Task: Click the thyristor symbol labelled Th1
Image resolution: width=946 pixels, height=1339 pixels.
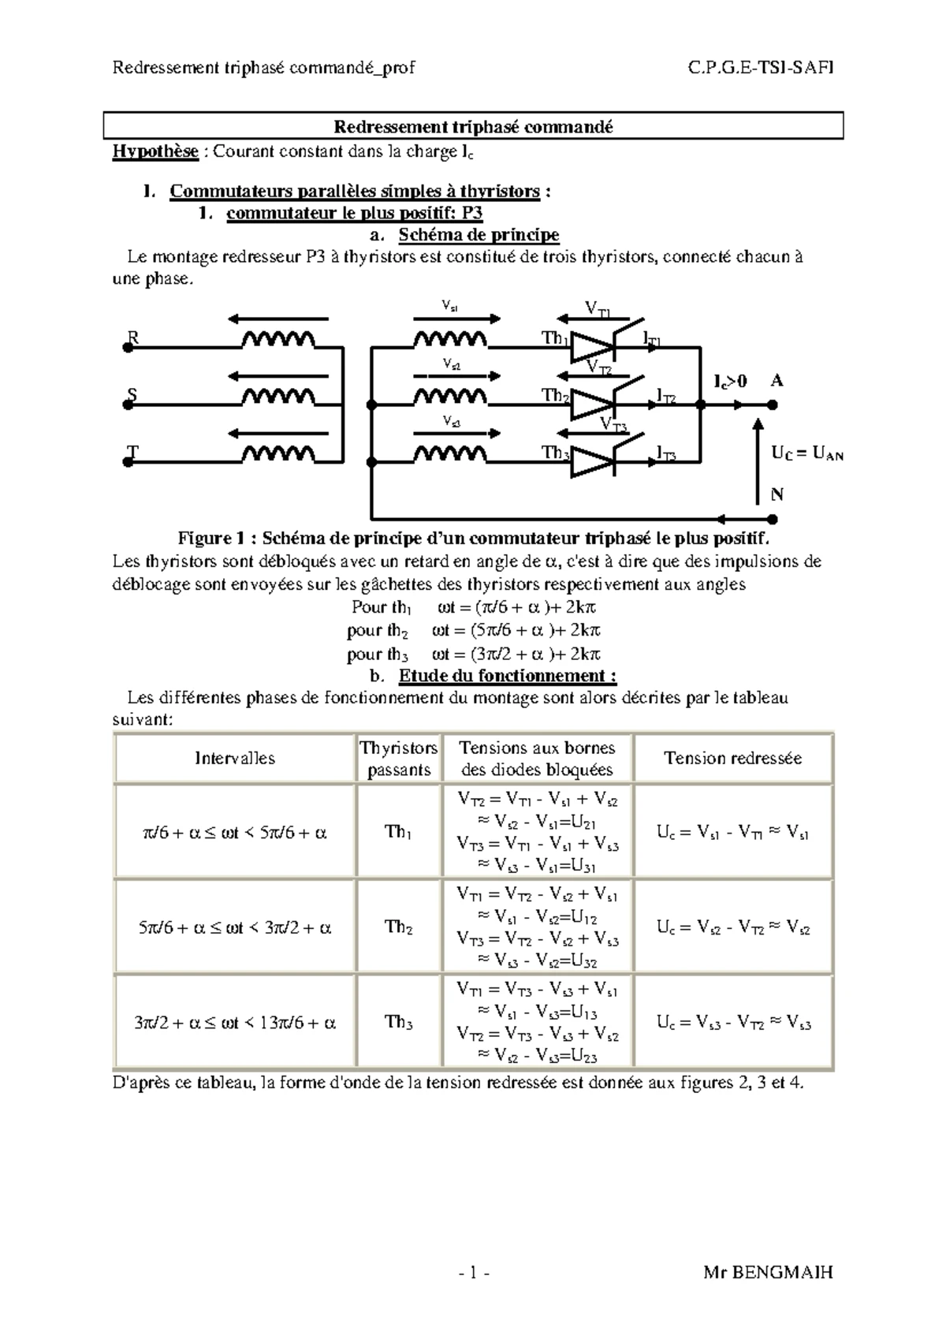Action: [593, 346]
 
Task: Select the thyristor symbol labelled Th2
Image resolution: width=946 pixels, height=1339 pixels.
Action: [593, 405]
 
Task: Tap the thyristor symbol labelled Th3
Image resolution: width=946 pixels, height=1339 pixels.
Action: [593, 461]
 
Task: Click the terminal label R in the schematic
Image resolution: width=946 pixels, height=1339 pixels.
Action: [133, 338]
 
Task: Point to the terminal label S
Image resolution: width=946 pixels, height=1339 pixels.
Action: [133, 395]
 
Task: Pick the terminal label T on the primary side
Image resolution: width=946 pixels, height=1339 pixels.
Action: [133, 453]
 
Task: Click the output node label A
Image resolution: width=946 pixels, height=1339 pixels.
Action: [777, 381]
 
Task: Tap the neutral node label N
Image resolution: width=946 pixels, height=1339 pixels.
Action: [777, 494]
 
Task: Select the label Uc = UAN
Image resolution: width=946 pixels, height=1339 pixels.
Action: [806, 454]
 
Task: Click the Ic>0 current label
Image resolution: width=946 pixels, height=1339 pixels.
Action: [730, 382]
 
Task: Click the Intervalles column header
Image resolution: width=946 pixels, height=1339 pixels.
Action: [235, 759]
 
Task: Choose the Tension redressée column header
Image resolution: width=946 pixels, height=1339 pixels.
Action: [732, 759]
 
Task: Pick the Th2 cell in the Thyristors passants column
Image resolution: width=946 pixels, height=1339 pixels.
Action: [399, 927]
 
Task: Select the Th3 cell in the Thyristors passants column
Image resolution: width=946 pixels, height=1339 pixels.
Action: [399, 1023]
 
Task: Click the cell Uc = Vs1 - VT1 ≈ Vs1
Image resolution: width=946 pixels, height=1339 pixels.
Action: [732, 833]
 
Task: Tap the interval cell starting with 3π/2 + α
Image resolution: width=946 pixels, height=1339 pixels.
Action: [235, 1024]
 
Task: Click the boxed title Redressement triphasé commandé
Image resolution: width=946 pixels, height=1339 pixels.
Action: [474, 127]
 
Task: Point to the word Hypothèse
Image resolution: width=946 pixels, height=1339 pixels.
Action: [155, 151]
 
